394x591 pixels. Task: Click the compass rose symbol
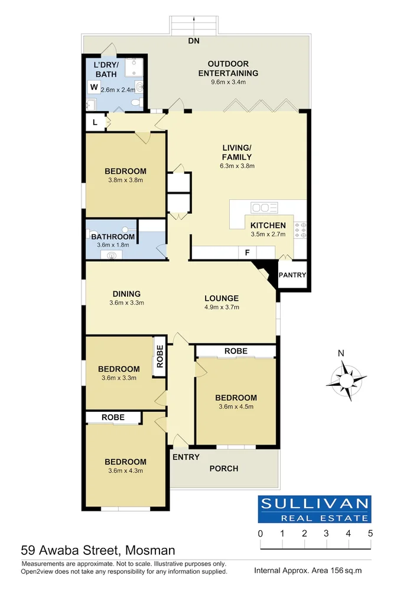[x=345, y=379]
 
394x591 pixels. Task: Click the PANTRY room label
[x=292, y=275]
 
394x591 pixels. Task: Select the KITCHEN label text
[x=268, y=225]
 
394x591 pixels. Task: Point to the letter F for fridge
[x=248, y=252]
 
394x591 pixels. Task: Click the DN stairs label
[x=194, y=41]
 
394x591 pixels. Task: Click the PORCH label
[x=224, y=469]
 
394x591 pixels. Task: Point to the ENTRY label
[x=186, y=457]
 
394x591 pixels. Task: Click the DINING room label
[x=126, y=294]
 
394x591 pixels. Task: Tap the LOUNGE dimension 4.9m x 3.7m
[x=222, y=307]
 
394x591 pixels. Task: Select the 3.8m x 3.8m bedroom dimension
[x=126, y=180]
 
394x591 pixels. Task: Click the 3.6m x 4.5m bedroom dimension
[x=236, y=407]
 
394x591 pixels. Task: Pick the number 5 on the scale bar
[x=370, y=534]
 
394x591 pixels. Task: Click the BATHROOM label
[x=113, y=237]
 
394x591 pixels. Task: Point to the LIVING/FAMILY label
[x=237, y=152]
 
